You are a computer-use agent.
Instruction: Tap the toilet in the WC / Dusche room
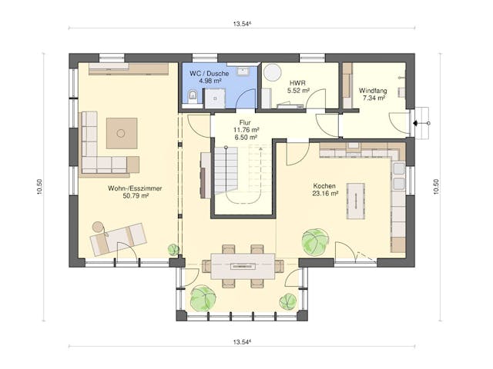191,96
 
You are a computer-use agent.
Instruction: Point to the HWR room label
298,81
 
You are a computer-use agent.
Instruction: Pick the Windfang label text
374,90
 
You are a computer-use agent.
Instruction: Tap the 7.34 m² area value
374,98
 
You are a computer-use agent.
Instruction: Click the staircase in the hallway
226,171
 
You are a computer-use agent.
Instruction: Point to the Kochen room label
324,186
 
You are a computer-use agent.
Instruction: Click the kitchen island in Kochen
355,200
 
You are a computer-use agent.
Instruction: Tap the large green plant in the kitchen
315,241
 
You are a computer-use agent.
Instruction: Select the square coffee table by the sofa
121,133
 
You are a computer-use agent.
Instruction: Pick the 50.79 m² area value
129,195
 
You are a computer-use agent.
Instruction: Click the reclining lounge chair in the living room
117,237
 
